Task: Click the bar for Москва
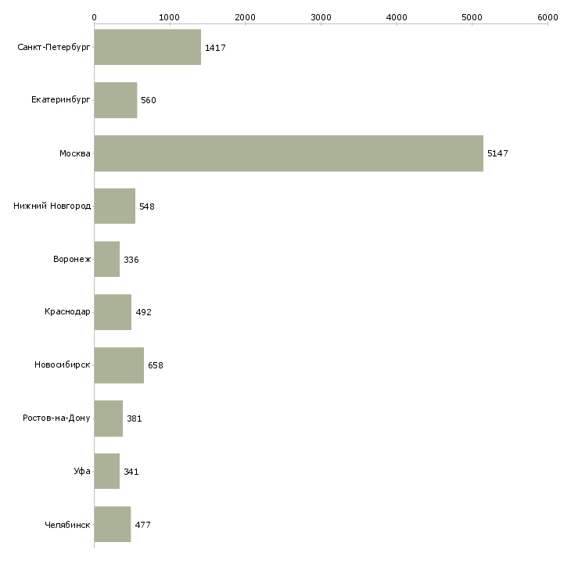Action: [x=289, y=153]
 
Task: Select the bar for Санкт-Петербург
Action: [x=148, y=48]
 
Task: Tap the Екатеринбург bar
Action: [x=116, y=100]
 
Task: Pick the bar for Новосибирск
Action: [x=119, y=365]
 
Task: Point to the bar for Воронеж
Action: [x=107, y=259]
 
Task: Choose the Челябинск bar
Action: [x=113, y=524]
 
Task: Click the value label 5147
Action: [x=497, y=153]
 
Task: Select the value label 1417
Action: [x=215, y=48]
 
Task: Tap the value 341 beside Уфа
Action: [x=131, y=472]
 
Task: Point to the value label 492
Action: [x=143, y=312]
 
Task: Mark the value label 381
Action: [x=135, y=418]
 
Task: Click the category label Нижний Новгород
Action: [x=52, y=206]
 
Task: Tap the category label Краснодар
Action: [x=68, y=312]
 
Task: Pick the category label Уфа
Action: [x=83, y=472]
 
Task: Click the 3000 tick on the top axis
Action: [x=321, y=17]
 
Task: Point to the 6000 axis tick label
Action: [x=548, y=17]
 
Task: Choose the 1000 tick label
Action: [x=170, y=17]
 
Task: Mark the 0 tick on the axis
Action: [x=95, y=17]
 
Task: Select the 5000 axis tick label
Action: [x=472, y=17]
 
